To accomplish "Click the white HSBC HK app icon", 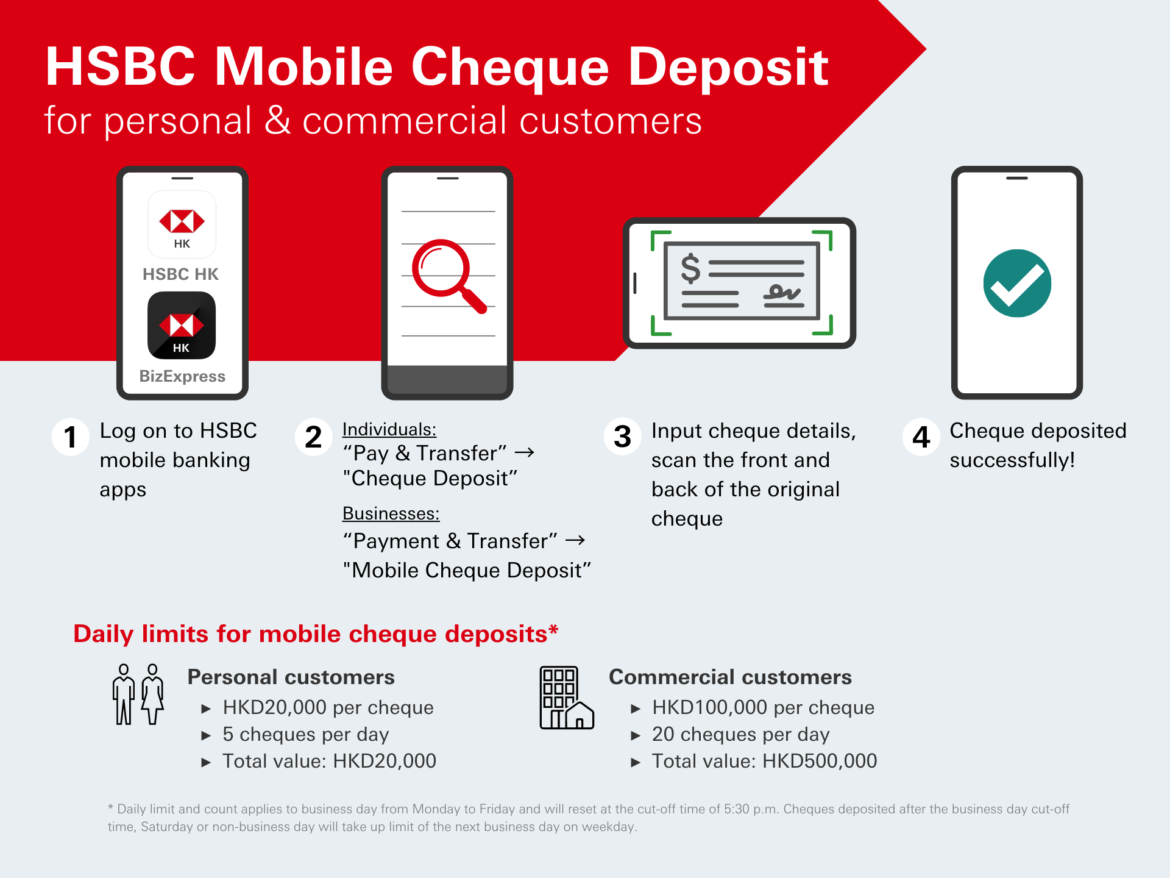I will click(182, 224).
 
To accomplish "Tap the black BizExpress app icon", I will click(182, 326).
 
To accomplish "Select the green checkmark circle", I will click(1016, 284).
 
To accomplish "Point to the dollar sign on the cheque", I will click(690, 269).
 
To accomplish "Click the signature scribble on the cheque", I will click(783, 293).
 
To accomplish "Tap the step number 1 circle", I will click(71, 437).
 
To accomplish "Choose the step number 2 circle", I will click(313, 437).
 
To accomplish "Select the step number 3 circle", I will click(622, 437).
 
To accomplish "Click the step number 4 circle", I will click(921, 437).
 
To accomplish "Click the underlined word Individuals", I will click(389, 429).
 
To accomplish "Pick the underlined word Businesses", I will click(391, 513).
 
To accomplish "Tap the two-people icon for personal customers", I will click(138, 694).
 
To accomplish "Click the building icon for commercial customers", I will click(566, 698).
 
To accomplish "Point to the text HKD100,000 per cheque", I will click(763, 707).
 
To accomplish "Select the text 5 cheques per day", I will click(305, 734).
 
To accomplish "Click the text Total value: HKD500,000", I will click(764, 761).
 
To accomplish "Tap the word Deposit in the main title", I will click(728, 67).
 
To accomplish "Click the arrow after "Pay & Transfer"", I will click(524, 452).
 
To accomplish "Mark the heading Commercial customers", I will click(730, 677).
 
